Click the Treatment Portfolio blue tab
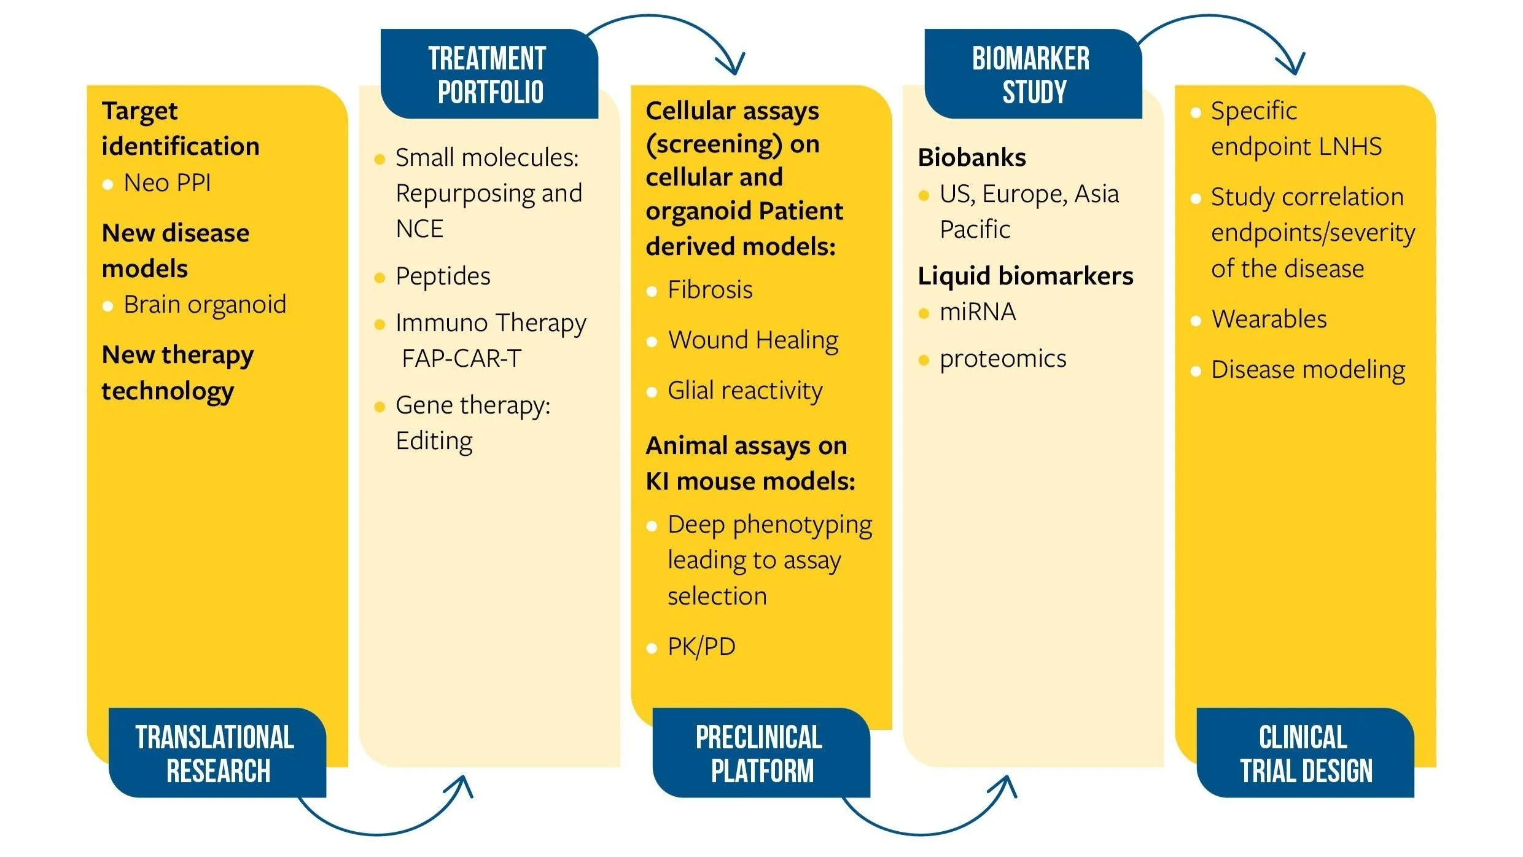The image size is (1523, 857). coord(489,74)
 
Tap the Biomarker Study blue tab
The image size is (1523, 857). coord(1033,74)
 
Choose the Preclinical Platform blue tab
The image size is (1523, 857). coord(761,753)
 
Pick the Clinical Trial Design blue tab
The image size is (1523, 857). coord(1305,753)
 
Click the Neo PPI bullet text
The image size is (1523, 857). coord(167,183)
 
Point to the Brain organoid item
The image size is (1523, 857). coord(204,305)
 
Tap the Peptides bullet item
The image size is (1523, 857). coord(443,276)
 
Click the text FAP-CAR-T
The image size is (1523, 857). coord(461,359)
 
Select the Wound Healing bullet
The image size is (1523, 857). coord(753,340)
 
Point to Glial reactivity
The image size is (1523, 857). coord(745,391)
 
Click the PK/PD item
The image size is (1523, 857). coord(701,647)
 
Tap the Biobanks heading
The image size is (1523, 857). coord(972,158)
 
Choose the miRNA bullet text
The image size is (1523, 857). coord(978,313)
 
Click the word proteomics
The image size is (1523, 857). coord(1003,359)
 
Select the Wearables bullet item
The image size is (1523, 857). coord(1269,319)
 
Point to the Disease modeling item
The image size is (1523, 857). coord(1308,370)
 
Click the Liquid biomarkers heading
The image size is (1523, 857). coord(1026,276)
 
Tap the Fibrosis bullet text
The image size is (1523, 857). coord(710,290)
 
